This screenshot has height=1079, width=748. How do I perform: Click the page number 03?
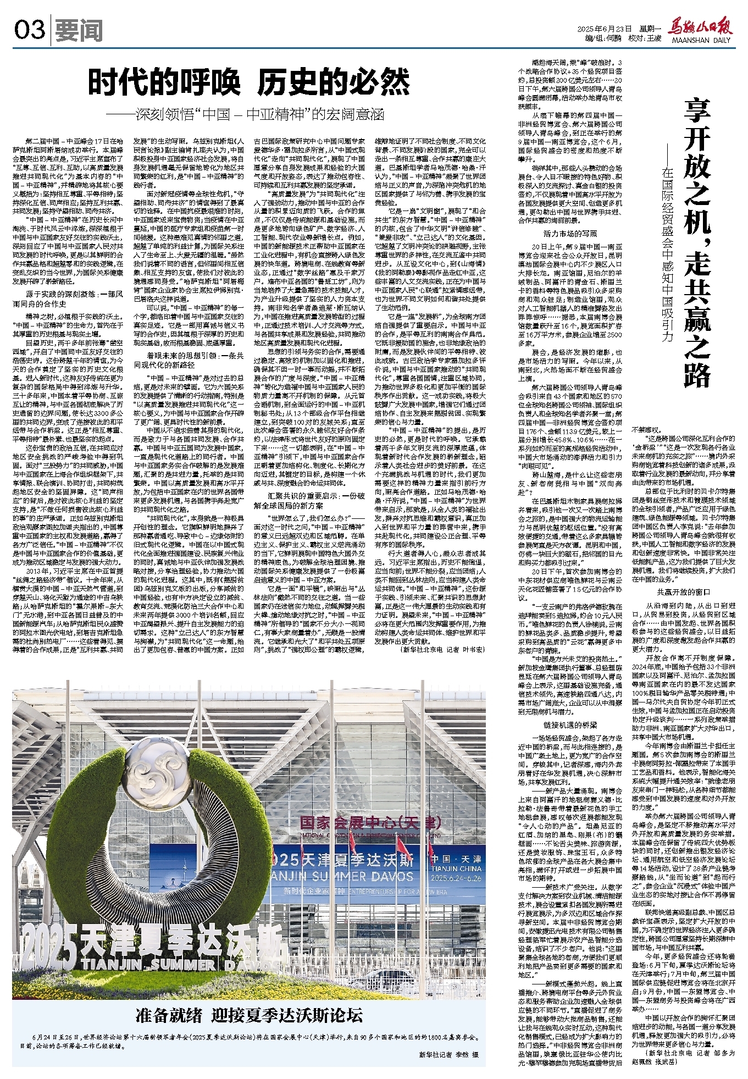click(x=29, y=30)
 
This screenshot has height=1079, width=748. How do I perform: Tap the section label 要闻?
click(x=79, y=31)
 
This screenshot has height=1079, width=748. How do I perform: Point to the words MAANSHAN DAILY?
click(x=700, y=40)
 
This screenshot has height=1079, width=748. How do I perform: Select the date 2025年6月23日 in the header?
click(x=602, y=29)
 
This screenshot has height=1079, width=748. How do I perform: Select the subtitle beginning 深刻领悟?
click(x=246, y=114)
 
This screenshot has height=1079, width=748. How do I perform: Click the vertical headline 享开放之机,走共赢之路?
click(x=696, y=242)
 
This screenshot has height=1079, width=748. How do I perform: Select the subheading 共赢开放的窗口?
click(x=680, y=592)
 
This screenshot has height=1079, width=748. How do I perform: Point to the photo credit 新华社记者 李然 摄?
click(x=448, y=1054)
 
